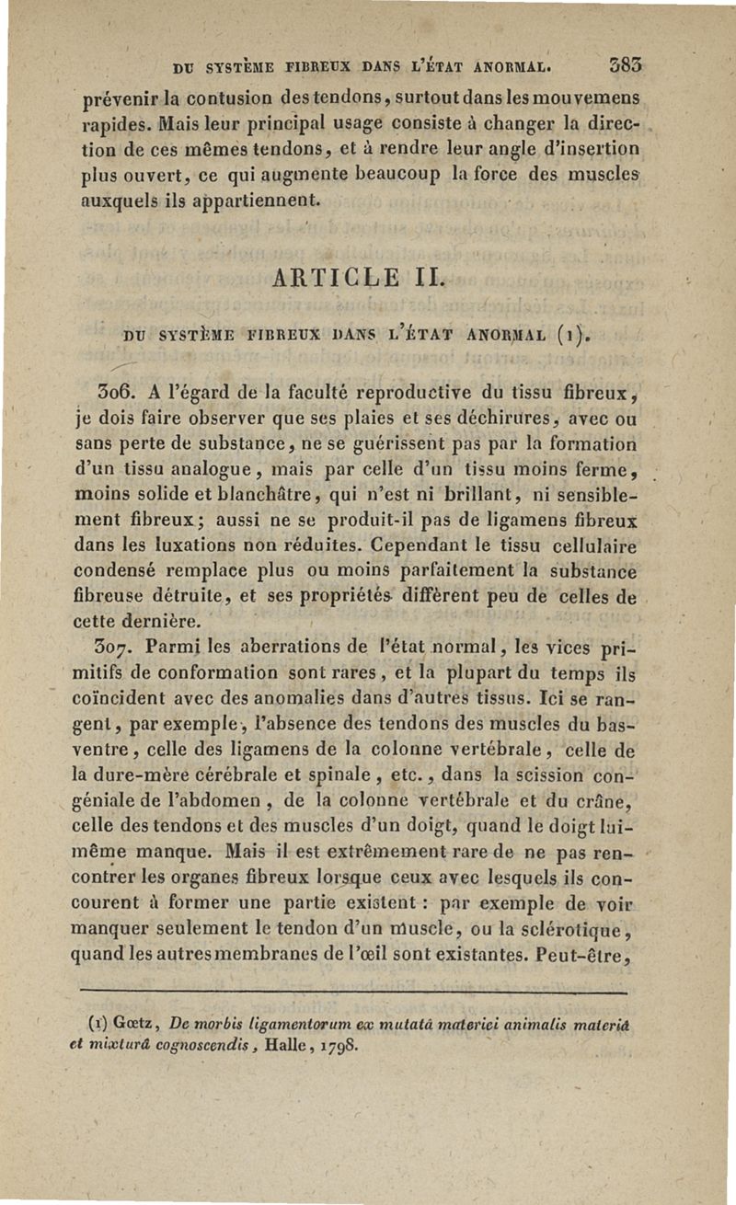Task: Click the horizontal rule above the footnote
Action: [x=353, y=993]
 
